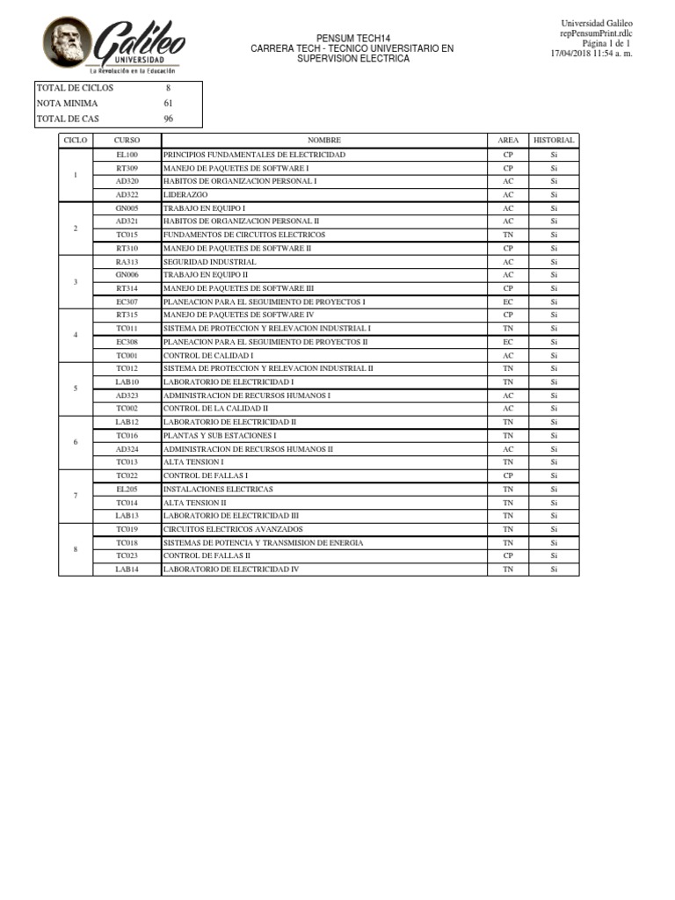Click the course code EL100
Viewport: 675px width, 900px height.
point(127,154)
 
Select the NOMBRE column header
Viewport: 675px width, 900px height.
point(323,140)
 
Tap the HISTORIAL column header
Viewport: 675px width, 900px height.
point(554,140)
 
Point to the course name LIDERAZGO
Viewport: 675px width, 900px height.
point(185,194)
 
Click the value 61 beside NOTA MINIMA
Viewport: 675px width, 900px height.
point(168,103)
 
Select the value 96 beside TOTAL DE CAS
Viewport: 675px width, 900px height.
point(168,119)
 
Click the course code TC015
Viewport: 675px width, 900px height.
point(127,235)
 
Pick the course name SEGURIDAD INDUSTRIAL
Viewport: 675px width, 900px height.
point(209,262)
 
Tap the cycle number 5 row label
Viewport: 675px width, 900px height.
point(76,388)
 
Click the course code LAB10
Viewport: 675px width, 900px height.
point(127,382)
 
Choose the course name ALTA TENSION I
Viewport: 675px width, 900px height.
point(193,462)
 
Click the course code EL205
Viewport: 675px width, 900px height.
point(127,489)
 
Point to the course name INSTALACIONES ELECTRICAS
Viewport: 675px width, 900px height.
point(217,489)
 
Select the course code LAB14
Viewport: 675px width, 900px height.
point(127,570)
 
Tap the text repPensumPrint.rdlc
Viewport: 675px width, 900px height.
point(597,33)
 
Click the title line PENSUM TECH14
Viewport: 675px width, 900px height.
point(352,39)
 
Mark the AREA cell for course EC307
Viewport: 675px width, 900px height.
point(508,301)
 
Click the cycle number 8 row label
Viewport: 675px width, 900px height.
point(76,549)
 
